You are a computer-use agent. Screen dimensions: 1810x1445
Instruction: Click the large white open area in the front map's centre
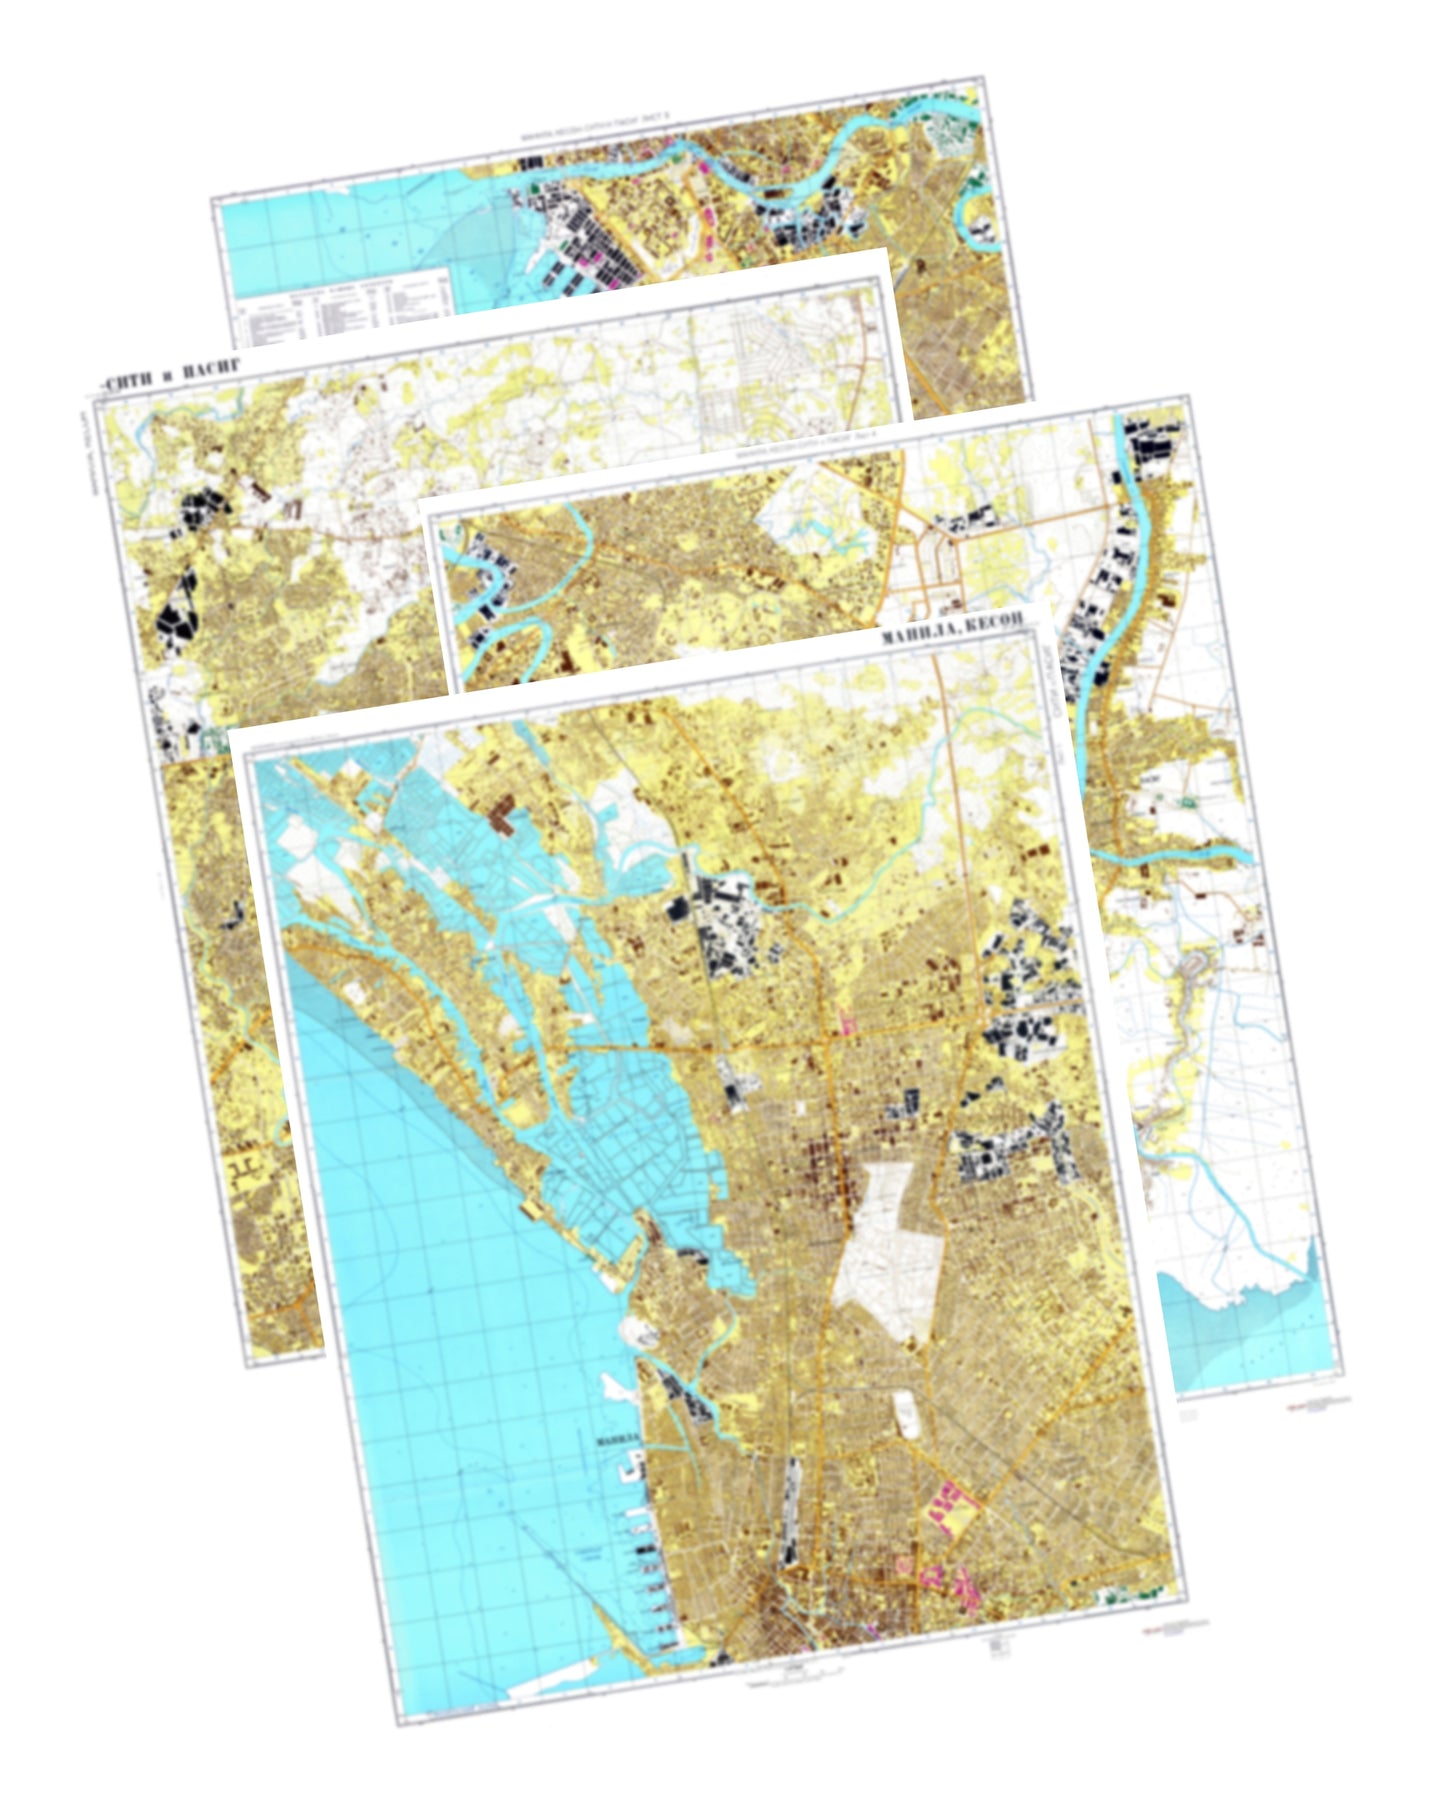[x=890, y=1250]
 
